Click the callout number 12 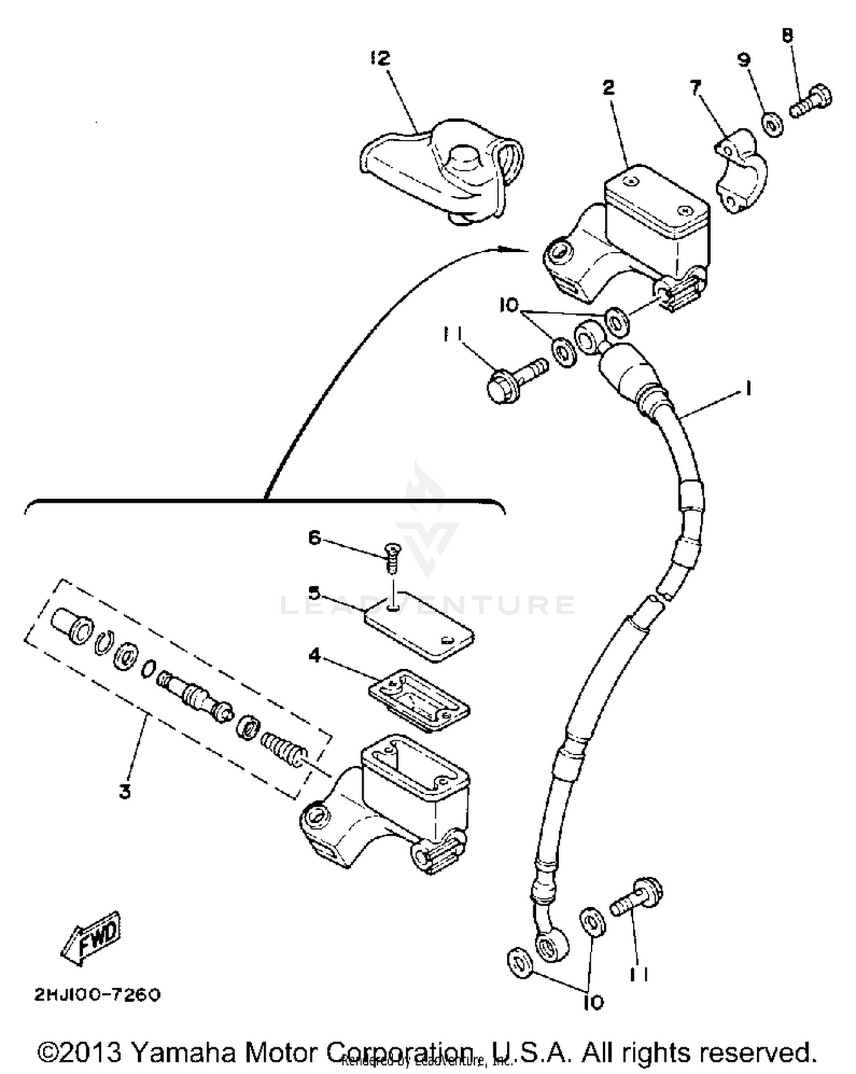coord(379,58)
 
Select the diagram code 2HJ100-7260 coord(98,995)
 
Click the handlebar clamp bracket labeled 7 coord(741,171)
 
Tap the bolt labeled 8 coord(811,101)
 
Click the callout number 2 coord(608,87)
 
